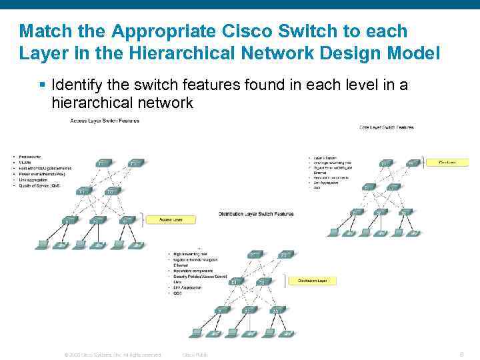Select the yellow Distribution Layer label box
pos(312,281)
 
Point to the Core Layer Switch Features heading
pos(387,127)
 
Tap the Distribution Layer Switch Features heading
pos(256,214)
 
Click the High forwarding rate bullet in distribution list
pos(191,253)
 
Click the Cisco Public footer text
pos(195,355)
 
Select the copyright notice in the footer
pos(112,355)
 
